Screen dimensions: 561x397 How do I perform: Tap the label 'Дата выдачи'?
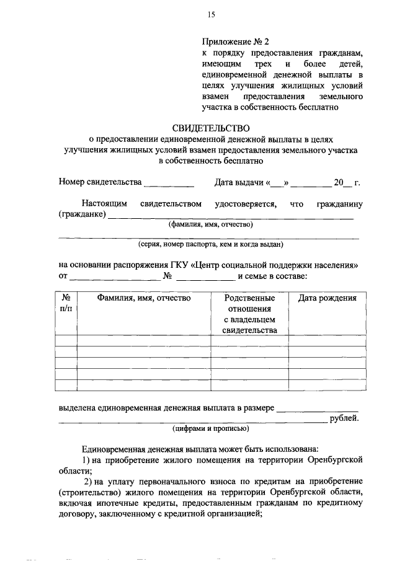239,182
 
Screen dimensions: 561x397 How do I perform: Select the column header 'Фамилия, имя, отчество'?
143,298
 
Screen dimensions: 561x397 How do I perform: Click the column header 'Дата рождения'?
327,298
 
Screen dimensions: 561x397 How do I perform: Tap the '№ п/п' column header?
66,303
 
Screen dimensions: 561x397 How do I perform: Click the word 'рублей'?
344,418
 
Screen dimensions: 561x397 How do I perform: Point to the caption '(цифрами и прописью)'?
210,428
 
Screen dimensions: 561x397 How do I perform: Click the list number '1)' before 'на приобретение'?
87,459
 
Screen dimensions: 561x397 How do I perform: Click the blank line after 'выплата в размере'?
317,409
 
